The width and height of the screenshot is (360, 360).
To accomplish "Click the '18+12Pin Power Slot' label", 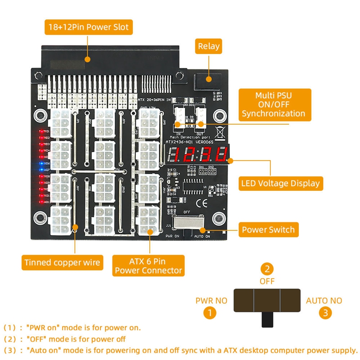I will (88, 27).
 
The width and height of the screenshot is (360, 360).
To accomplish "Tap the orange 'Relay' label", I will (209, 46).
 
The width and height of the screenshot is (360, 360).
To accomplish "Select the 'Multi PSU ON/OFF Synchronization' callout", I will (274, 104).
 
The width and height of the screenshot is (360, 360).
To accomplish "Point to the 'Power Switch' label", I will (268, 229).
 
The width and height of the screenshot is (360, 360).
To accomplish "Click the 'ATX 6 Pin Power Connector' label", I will (148, 265).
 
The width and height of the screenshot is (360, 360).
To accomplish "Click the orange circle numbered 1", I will (208, 311).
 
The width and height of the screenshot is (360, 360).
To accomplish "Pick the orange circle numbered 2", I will (268, 270).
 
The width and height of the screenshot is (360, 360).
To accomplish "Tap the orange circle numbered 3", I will (325, 311).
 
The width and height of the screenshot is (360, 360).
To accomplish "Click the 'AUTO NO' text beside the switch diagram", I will (324, 301).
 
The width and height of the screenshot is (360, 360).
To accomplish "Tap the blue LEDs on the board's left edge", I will (42, 167).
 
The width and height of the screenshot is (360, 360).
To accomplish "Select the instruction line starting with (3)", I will (180, 350).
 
